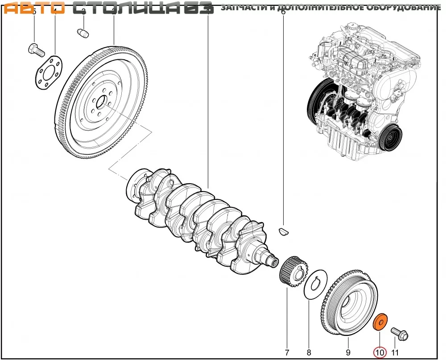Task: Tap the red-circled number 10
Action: [380, 352]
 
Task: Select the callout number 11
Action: [395, 352]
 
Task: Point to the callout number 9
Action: [348, 352]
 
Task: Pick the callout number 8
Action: [309, 352]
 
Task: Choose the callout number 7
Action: [287, 352]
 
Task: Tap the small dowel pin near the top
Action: [83, 33]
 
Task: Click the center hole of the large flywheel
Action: [101, 103]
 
